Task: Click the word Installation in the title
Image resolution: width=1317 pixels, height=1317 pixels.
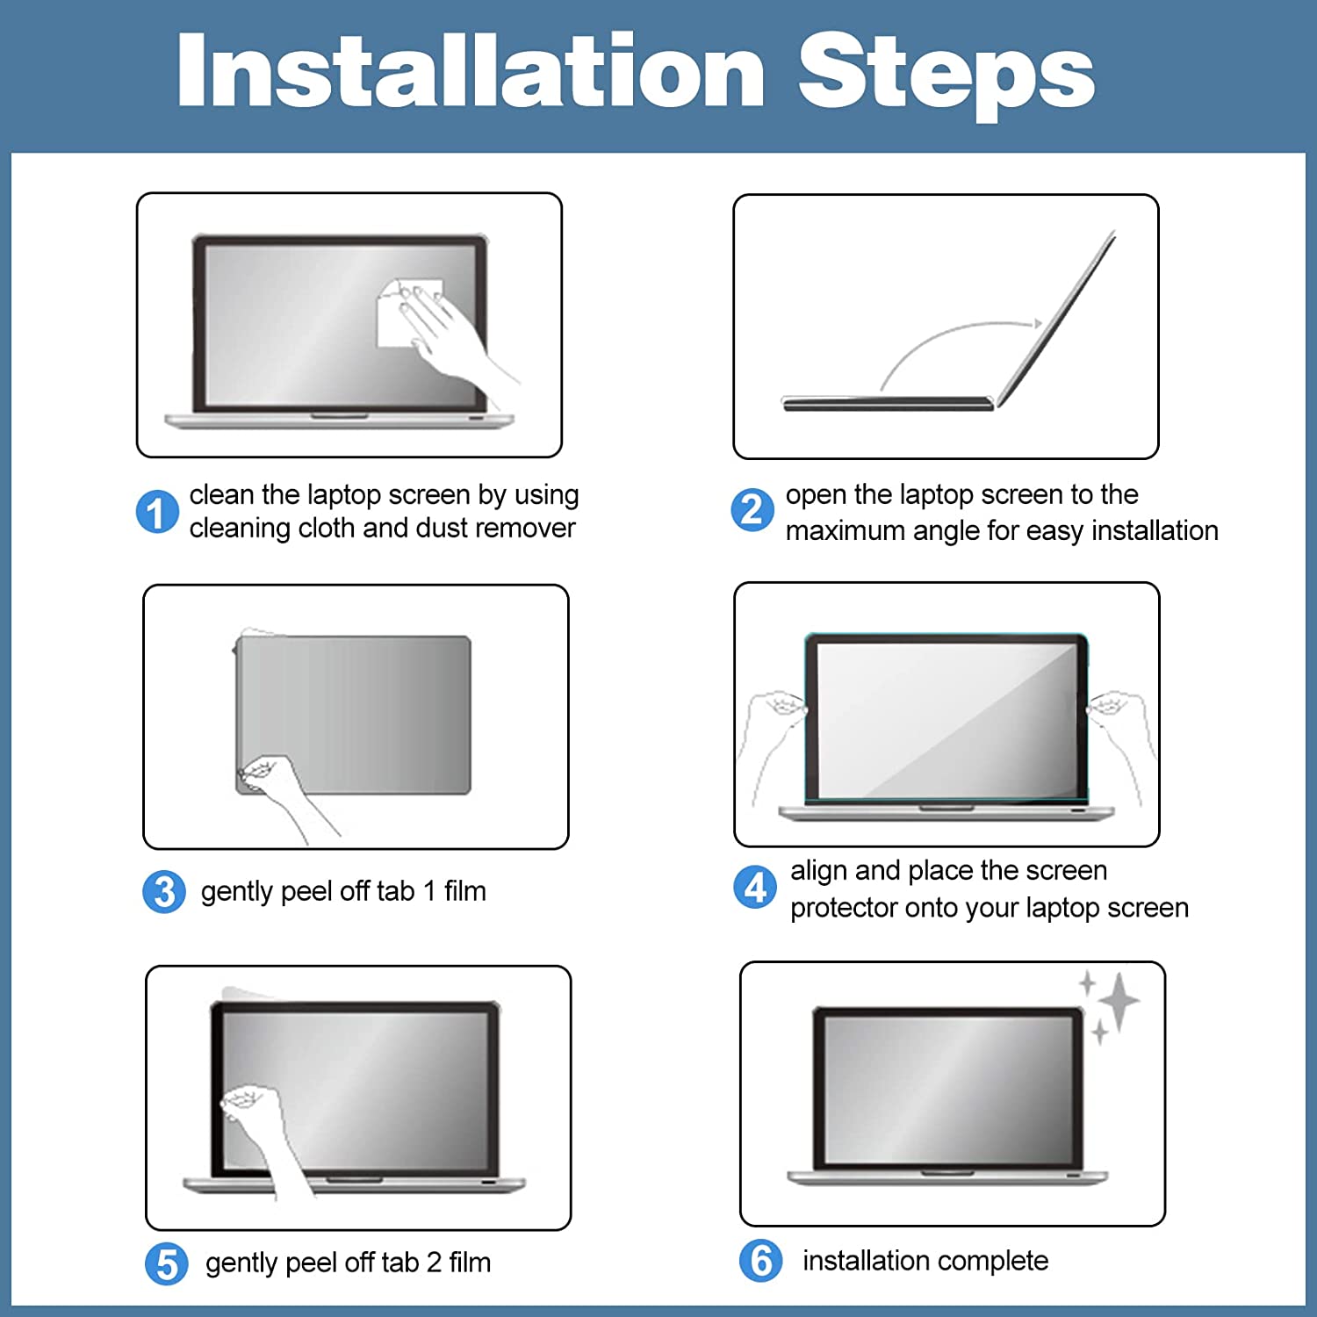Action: click(471, 70)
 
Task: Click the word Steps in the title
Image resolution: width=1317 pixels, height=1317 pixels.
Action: click(946, 75)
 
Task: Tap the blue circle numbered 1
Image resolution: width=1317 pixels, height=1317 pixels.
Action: click(157, 512)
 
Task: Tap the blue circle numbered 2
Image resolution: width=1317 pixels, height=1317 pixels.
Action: click(752, 510)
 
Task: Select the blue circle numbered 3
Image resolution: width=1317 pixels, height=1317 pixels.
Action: click(164, 892)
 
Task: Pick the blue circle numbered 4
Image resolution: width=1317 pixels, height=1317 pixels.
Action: click(755, 888)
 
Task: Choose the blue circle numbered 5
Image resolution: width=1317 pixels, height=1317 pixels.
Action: click(167, 1264)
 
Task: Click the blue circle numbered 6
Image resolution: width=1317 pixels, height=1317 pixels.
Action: click(761, 1261)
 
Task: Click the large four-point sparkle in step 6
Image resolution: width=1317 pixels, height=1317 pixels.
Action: click(1119, 1001)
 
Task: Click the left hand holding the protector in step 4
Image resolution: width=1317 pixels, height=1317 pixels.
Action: click(772, 738)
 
